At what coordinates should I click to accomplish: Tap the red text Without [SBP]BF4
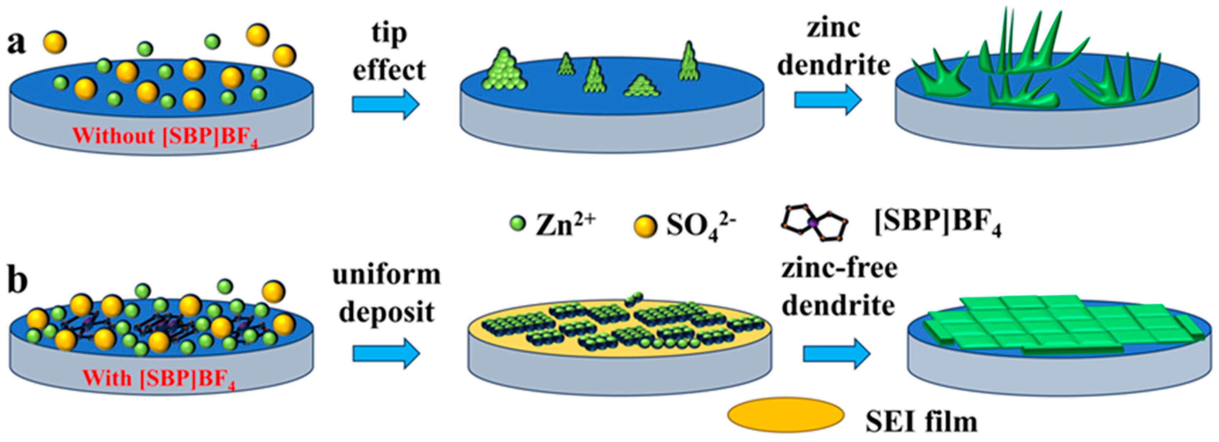tap(165, 137)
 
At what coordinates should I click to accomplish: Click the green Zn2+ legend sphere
tap(518, 223)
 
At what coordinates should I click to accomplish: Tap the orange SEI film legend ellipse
tap(785, 415)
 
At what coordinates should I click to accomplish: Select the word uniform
tap(387, 274)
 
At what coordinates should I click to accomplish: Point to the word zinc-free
tap(839, 269)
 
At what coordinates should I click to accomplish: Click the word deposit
tap(387, 312)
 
